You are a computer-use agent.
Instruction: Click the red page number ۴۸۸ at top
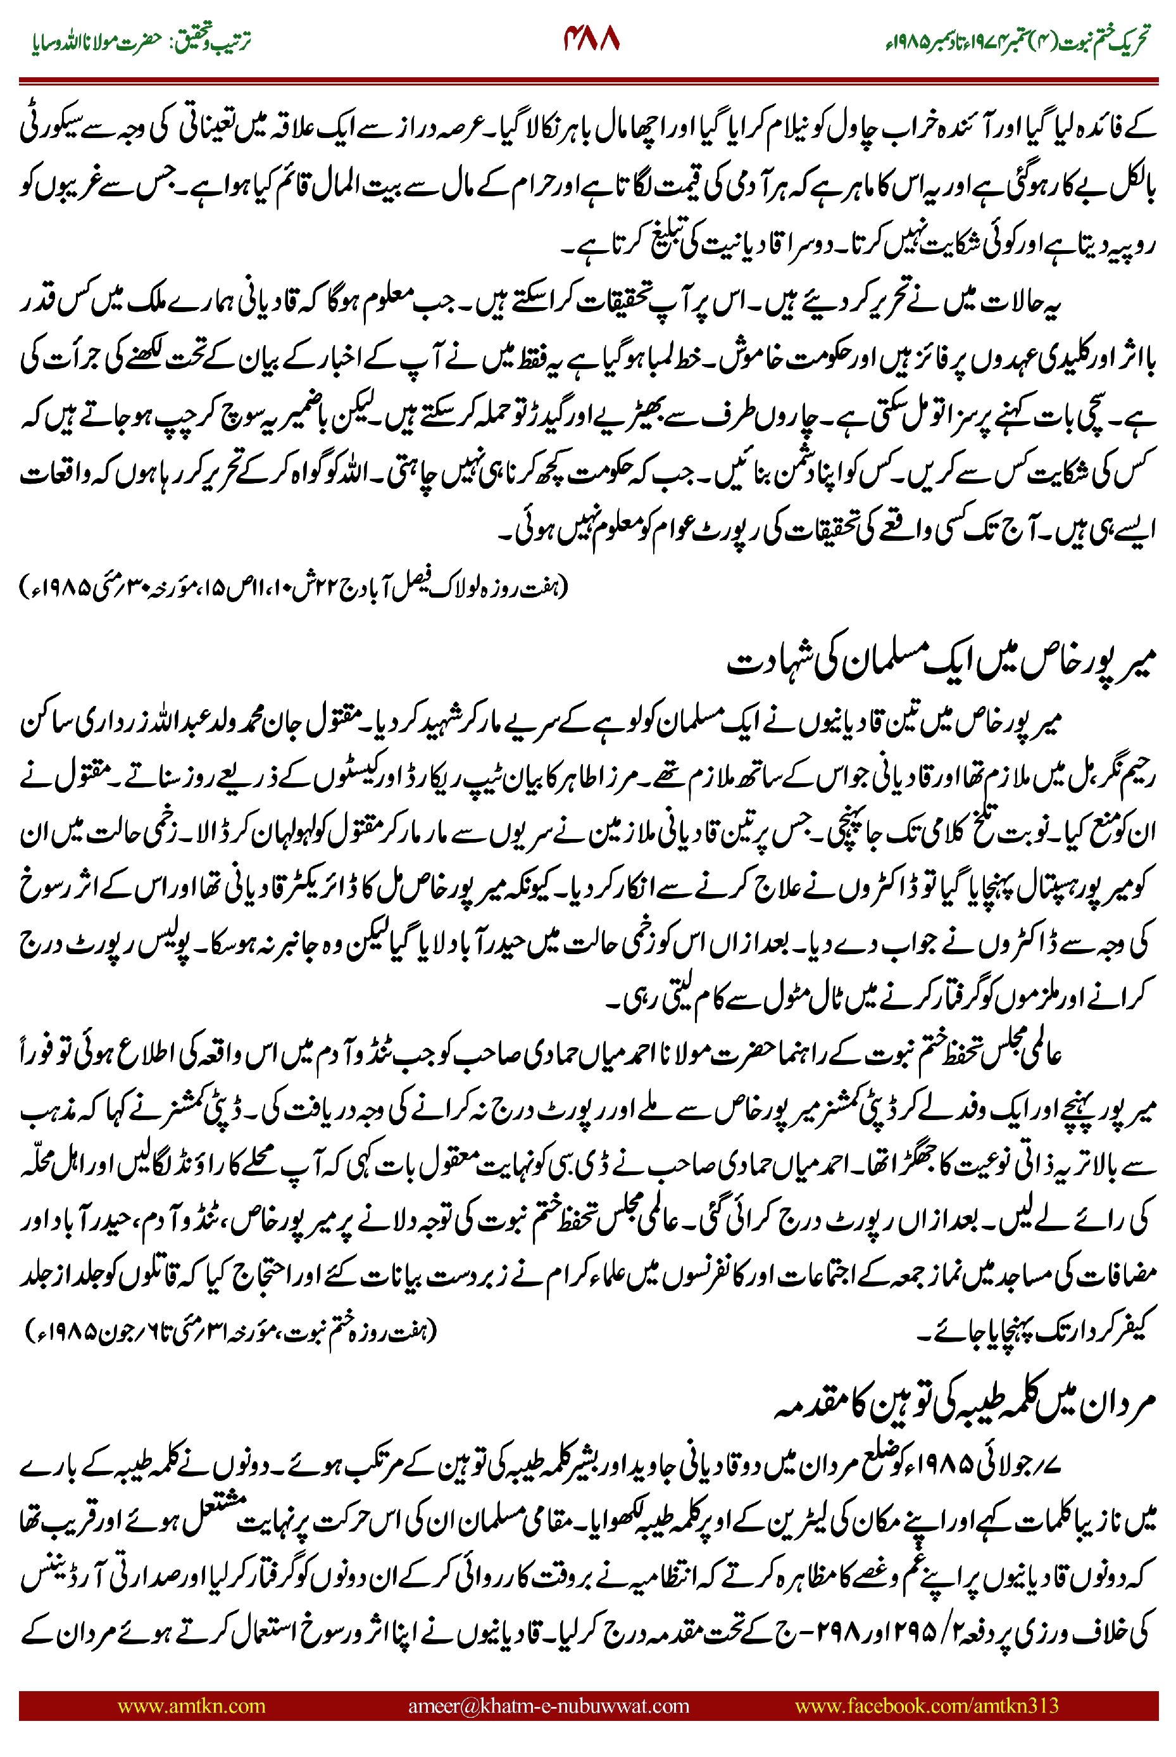[x=592, y=38]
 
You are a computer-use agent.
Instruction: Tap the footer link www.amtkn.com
[x=191, y=1705]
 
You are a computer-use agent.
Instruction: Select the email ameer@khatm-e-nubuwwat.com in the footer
[x=548, y=1705]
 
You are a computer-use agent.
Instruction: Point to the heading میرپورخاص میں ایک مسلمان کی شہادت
[x=941, y=661]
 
